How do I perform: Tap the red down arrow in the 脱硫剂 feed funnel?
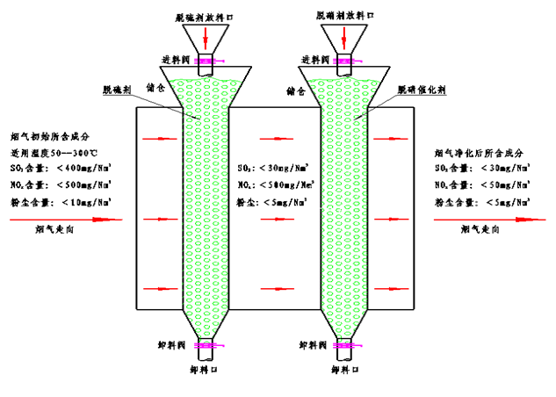pos(206,37)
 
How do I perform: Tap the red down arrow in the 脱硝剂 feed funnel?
pos(345,36)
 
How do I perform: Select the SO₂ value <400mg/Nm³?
pos(85,168)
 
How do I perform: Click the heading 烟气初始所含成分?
pos(49,136)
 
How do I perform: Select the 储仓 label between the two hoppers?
pos(294,90)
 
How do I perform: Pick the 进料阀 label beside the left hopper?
pos(173,61)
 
